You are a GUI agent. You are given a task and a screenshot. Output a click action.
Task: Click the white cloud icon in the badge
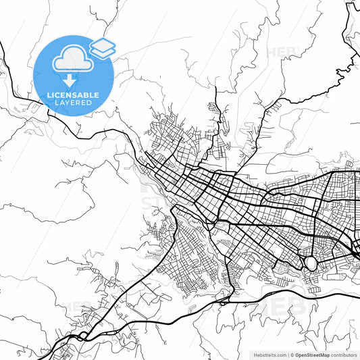(72, 59)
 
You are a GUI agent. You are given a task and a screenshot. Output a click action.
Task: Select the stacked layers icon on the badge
(103, 48)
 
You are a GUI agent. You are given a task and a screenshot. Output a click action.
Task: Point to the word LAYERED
(73, 103)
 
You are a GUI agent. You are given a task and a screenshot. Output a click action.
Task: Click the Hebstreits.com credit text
(269, 355)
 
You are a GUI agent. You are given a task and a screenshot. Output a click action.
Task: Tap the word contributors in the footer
(344, 355)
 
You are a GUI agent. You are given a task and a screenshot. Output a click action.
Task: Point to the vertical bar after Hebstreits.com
(287, 355)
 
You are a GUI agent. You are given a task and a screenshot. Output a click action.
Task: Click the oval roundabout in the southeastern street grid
(311, 262)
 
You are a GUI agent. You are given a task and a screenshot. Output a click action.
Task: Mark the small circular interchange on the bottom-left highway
(82, 335)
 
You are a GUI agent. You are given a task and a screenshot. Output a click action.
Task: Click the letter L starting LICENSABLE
(49, 95)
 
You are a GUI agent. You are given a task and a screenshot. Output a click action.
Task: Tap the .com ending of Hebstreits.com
(280, 355)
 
